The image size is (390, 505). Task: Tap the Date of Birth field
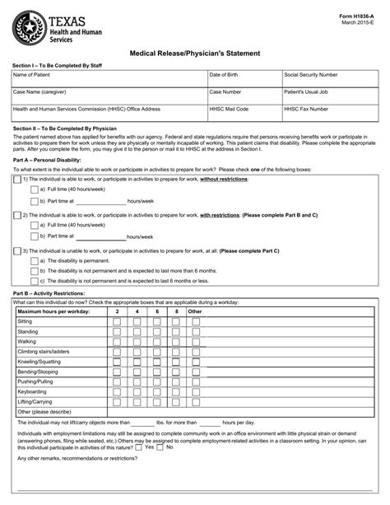244,80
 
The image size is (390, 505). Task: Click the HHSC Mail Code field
244,114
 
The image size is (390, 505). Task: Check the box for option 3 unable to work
17,250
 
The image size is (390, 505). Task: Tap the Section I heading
57,64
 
